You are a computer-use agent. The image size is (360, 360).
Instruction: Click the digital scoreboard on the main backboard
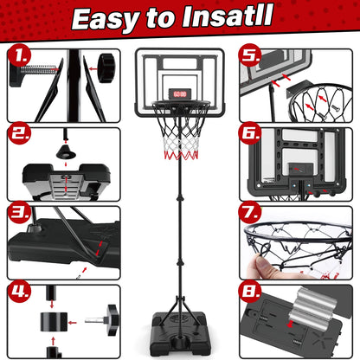tap(179, 93)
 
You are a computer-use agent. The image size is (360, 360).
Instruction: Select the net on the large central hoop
tap(180, 138)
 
